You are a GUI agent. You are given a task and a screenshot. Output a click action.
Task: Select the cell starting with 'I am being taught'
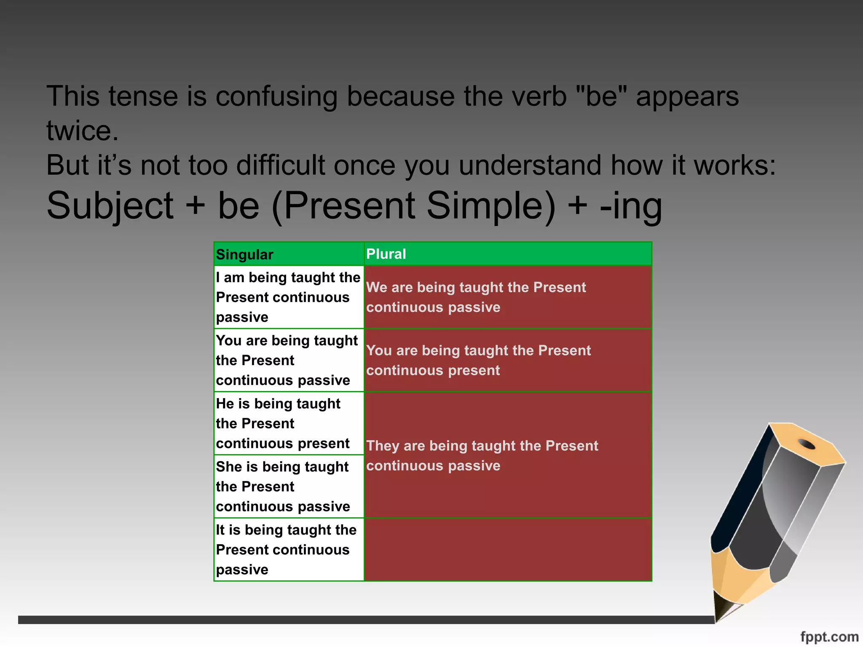click(289, 297)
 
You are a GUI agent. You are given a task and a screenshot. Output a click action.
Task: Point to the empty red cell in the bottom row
click(508, 549)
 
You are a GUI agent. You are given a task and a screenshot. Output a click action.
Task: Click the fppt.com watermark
click(829, 636)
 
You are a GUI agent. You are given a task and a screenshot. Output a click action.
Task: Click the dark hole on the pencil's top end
click(807, 444)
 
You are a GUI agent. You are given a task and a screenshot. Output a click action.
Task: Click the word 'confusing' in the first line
click(276, 97)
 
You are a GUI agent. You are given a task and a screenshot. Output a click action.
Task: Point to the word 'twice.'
click(83, 131)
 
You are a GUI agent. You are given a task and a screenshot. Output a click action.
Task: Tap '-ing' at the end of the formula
click(631, 206)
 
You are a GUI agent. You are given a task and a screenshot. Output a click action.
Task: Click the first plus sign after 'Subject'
click(195, 206)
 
